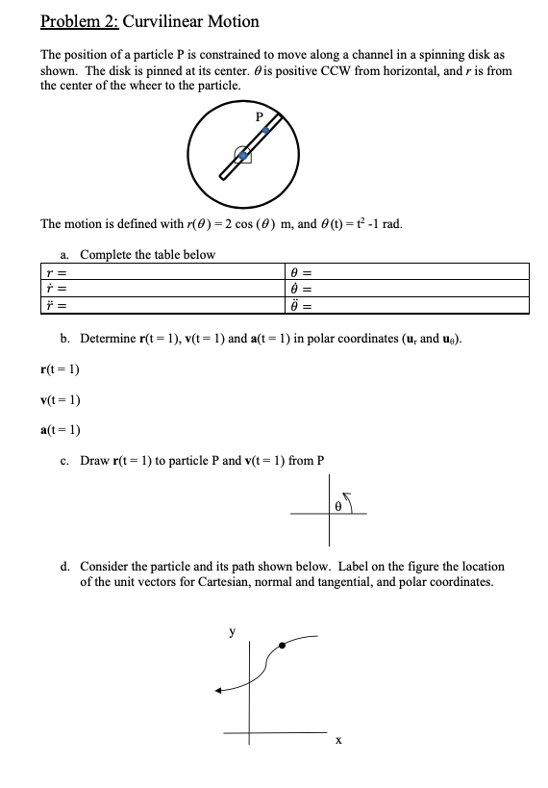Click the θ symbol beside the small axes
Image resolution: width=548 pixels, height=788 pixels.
(x=338, y=504)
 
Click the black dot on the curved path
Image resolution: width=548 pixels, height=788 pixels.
(x=281, y=645)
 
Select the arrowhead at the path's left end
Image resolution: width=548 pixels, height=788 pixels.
(x=220, y=689)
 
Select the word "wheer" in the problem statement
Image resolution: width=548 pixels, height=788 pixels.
(x=150, y=85)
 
